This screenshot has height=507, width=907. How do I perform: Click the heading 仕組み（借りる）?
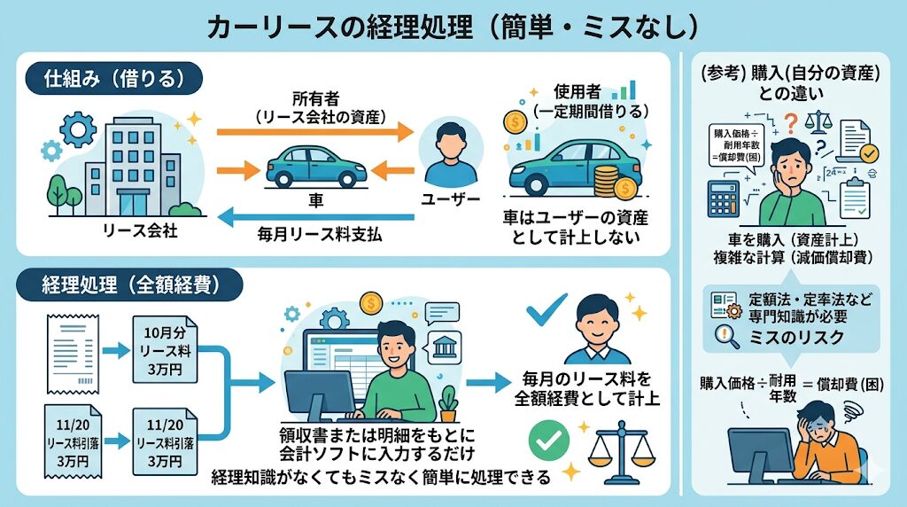(114, 78)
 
